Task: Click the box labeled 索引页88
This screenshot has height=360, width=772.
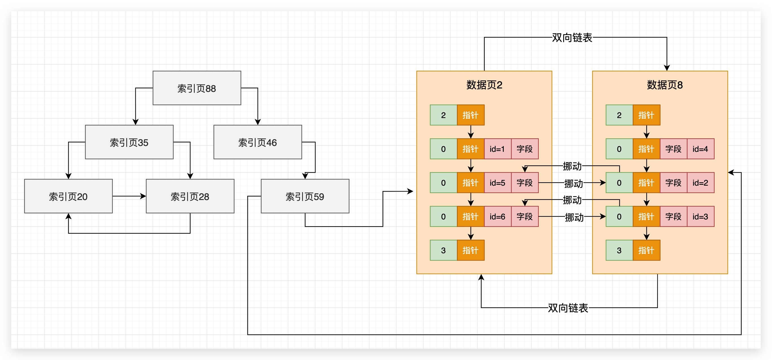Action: click(197, 88)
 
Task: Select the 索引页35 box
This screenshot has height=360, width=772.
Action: click(129, 142)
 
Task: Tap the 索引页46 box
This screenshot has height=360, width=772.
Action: click(258, 142)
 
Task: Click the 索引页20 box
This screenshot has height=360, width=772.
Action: click(68, 196)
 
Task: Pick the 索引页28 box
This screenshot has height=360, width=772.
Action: click(190, 196)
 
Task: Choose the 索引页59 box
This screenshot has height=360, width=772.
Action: click(305, 196)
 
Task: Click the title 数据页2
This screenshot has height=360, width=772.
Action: click(484, 85)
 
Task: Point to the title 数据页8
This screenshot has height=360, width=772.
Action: click(664, 85)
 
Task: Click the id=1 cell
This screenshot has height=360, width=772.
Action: click(497, 149)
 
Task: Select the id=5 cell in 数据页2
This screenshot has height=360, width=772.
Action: click(497, 183)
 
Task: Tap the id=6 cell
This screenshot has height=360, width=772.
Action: click(497, 217)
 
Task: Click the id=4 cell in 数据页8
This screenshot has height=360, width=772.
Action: click(700, 149)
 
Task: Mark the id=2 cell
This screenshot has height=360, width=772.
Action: click(700, 183)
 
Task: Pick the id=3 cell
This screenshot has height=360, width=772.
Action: click(700, 217)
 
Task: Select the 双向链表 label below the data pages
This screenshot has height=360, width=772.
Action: click(568, 308)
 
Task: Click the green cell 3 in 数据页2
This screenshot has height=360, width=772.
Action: click(443, 250)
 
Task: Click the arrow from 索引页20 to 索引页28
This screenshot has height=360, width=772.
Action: click(129, 196)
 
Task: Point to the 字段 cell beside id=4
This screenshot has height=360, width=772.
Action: click(673, 149)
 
